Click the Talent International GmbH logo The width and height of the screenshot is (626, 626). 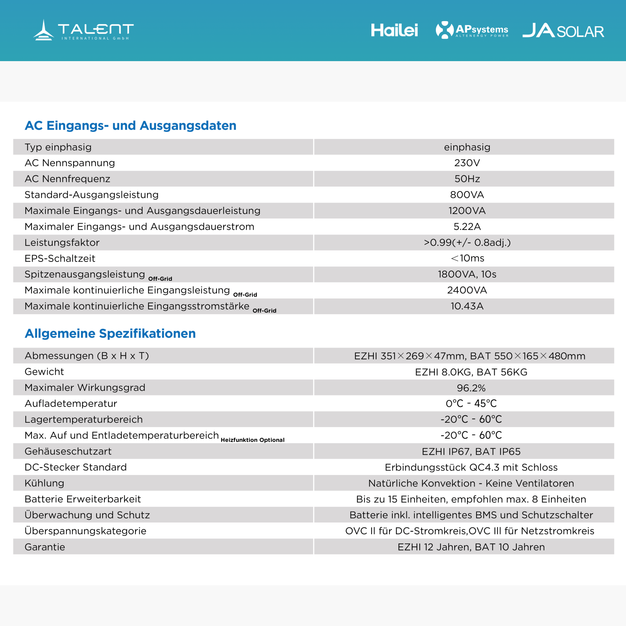coord(83,30)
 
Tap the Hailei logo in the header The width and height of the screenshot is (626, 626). coord(394,30)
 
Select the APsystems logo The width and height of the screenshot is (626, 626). coord(472,30)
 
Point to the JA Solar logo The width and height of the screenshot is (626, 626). coord(563,31)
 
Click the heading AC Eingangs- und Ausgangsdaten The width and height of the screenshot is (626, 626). coord(131,125)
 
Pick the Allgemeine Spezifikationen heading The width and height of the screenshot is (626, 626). coord(110,333)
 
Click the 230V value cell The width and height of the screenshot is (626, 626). coord(467,163)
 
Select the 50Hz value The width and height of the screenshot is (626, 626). coord(467,179)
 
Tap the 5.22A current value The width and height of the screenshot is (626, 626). coord(467,226)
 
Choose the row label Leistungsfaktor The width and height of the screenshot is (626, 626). coord(62,242)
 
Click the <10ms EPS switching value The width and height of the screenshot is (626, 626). coord(467,258)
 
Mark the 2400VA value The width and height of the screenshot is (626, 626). coord(467,290)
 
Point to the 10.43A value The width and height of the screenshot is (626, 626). coord(467,306)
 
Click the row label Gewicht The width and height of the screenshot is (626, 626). coord(44,372)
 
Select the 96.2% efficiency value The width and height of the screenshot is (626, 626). coord(471,388)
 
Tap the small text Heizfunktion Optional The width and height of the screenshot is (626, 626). coord(252,440)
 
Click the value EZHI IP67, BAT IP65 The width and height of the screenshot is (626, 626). coord(471,451)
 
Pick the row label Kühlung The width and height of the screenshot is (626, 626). coord(44,483)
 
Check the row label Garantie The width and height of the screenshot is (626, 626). coord(45,547)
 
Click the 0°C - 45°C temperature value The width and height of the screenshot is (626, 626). coord(471,403)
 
